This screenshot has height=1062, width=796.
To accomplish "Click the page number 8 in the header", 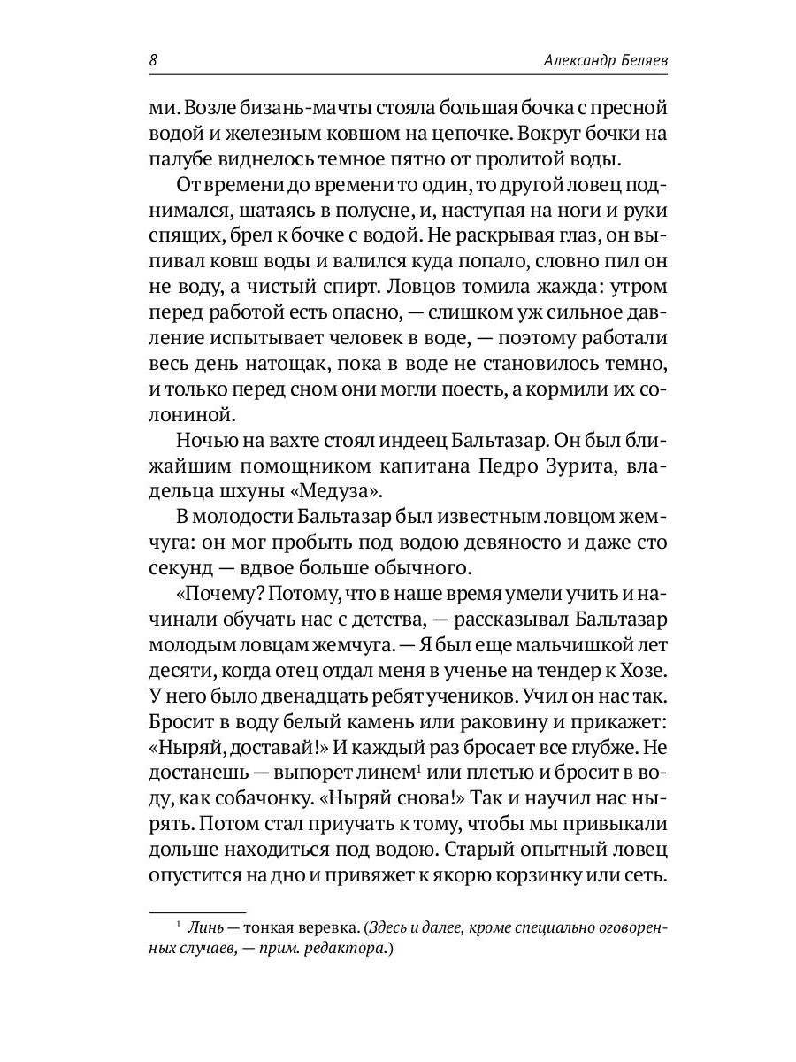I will coord(153,61).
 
